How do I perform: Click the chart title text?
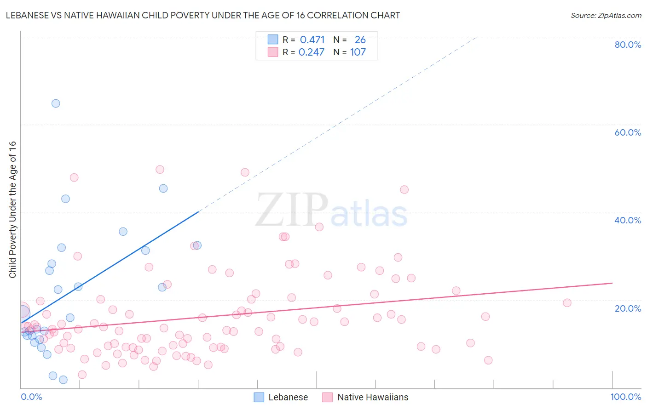point(203,15)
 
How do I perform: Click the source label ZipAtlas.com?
point(606,15)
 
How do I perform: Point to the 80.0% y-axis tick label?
point(628,45)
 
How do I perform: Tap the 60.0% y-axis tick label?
point(628,132)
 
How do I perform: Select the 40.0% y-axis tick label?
point(628,220)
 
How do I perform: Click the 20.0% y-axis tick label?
point(628,308)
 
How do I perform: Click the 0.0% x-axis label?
point(31,397)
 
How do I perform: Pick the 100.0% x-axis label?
point(625,397)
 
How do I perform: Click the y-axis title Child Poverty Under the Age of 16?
point(12,209)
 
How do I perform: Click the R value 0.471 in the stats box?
point(312,40)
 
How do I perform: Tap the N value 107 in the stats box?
point(358,52)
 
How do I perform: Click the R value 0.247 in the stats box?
point(312,52)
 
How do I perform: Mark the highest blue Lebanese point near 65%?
point(56,103)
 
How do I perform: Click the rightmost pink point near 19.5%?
point(567,302)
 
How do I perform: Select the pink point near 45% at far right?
point(404,189)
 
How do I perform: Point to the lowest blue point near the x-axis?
point(64,380)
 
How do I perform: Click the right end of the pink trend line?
point(612,283)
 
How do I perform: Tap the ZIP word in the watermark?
point(292,210)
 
